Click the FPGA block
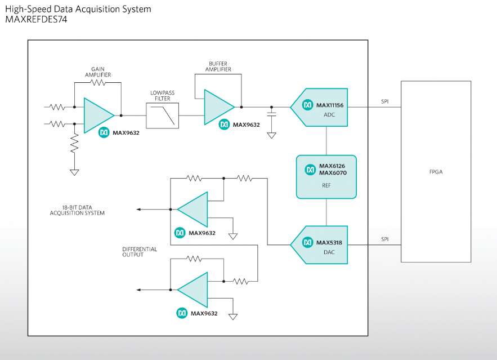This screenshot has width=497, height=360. click(436, 171)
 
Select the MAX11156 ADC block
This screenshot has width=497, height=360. click(320, 107)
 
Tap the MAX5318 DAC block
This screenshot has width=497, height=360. click(320, 245)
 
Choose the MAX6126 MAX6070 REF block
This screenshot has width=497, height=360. click(326, 176)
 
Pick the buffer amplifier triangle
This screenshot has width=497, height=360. click(218, 106)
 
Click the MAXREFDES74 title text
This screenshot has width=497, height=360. click(35, 19)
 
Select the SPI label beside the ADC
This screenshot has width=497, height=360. click(384, 101)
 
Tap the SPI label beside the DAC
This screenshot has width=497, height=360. click(384, 239)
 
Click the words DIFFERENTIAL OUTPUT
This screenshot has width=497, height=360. click(140, 252)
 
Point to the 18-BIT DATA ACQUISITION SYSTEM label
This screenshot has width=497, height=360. click(77, 211)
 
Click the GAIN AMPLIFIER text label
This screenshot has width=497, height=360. click(98, 72)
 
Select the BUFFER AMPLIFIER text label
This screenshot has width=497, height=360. click(218, 66)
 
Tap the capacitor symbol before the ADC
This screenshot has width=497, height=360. click(272, 114)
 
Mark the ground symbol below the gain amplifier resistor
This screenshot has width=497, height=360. click(74, 171)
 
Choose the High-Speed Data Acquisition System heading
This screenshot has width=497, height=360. click(78, 9)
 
